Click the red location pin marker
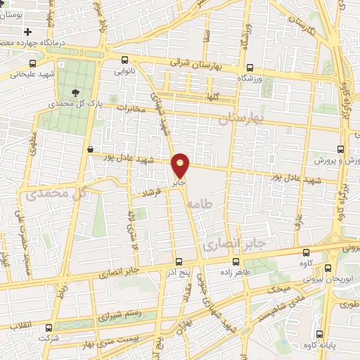pyautogui.click(x=181, y=165)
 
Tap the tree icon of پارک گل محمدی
pyautogui.click(x=76, y=91)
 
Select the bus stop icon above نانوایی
pyautogui.click(x=124, y=60)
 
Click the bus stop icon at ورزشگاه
pyautogui.click(x=250, y=68)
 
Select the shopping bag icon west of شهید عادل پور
pyautogui.click(x=91, y=149)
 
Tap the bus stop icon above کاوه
pyautogui.click(x=304, y=253)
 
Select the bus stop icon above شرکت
pyautogui.click(x=49, y=328)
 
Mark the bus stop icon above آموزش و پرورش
pyautogui.click(x=340, y=149)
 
